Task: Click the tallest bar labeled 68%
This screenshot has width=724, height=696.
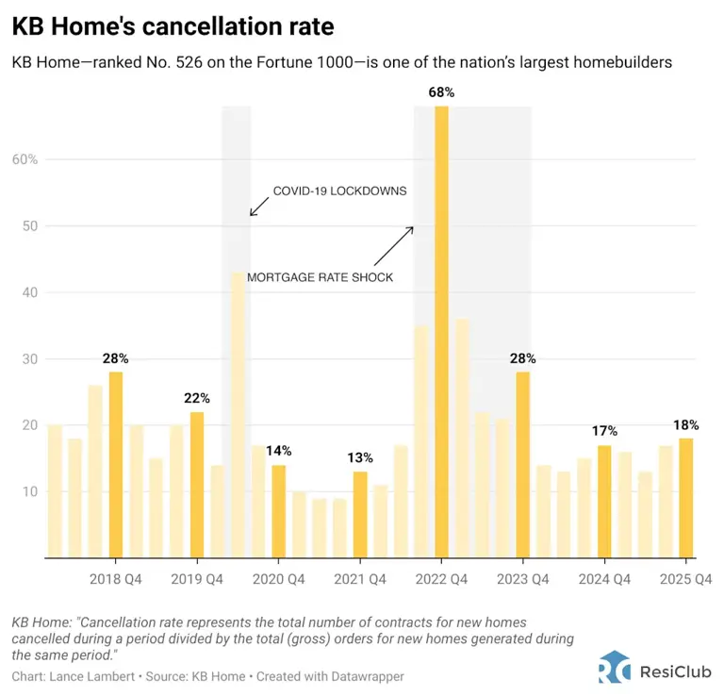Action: click(441, 331)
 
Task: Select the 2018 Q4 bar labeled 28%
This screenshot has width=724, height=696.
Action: click(116, 464)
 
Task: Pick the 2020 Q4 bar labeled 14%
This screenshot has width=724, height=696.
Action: click(278, 511)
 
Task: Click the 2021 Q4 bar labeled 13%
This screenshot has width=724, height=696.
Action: click(360, 514)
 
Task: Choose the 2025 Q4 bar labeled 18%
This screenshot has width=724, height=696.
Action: click(685, 498)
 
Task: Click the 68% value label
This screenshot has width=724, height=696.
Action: click(442, 92)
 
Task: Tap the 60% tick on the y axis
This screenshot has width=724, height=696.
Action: click(25, 159)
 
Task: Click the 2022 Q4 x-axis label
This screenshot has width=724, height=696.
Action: click(442, 579)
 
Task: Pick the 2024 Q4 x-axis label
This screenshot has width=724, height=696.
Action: click(604, 579)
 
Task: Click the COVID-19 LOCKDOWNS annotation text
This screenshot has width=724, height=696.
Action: click(339, 191)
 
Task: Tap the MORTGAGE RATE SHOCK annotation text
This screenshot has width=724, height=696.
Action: click(320, 277)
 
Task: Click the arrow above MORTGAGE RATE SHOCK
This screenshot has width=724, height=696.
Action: click(394, 245)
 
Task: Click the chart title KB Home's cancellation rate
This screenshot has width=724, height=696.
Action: click(173, 26)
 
